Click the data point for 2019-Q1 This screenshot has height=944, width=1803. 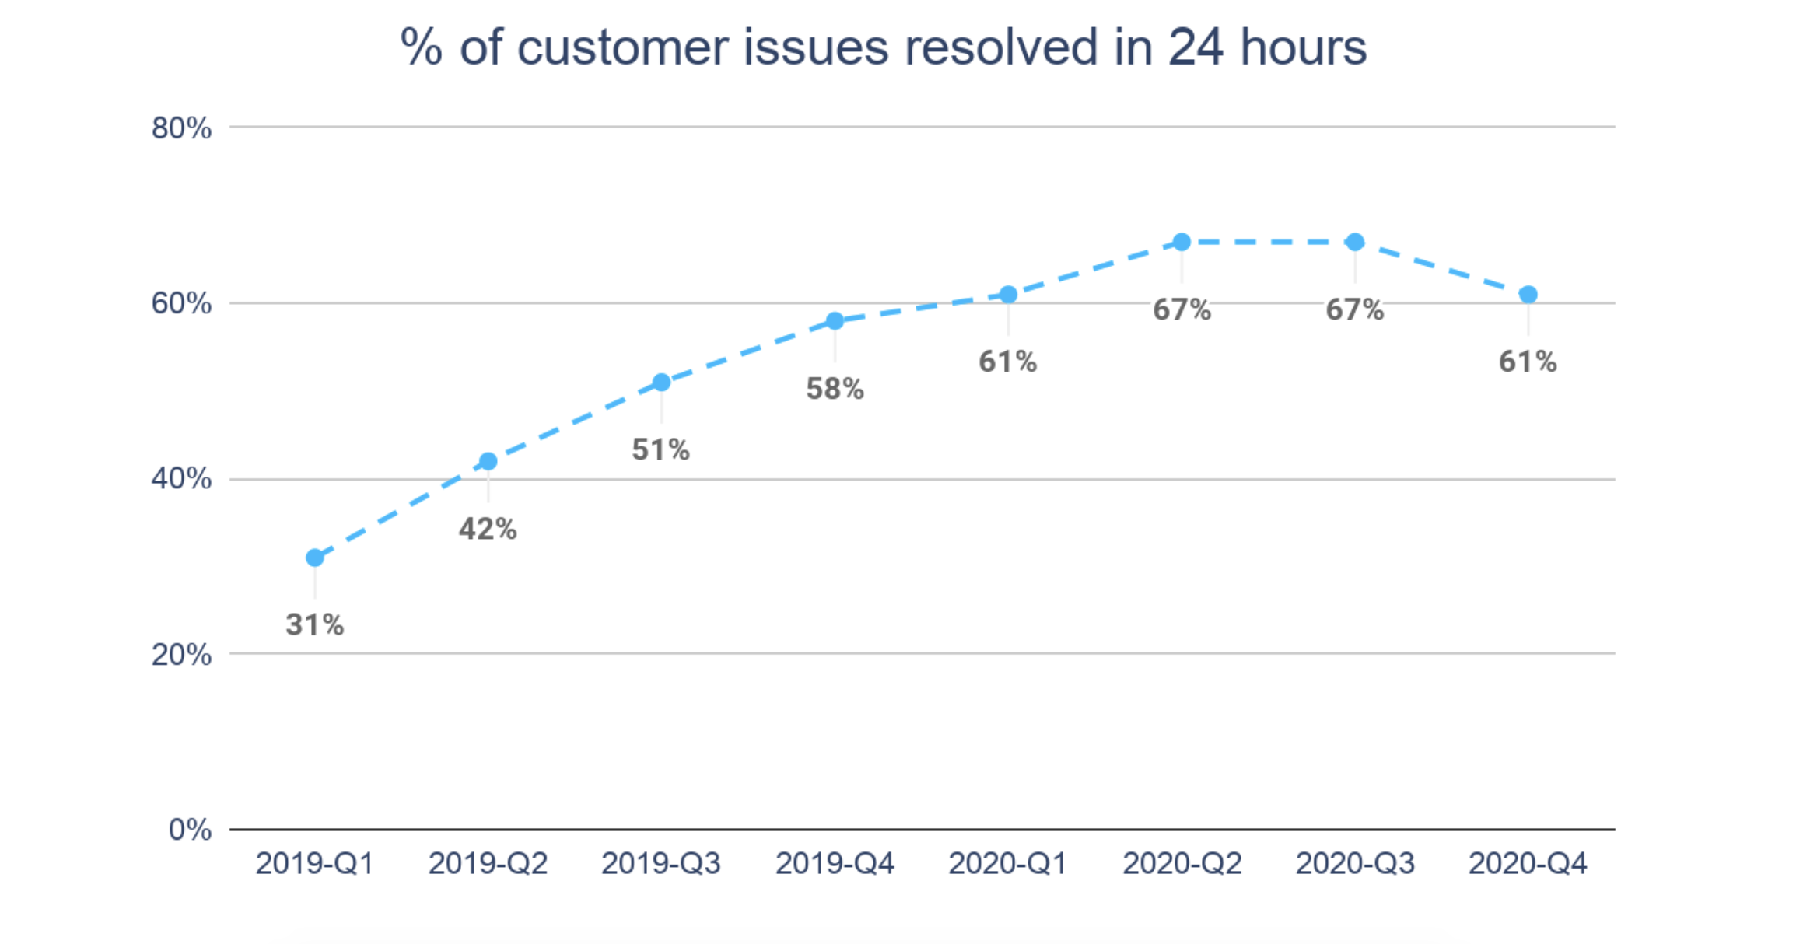(x=315, y=558)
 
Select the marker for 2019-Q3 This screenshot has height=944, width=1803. (x=661, y=382)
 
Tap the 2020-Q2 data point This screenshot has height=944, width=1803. (x=1182, y=243)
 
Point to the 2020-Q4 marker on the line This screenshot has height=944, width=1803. (x=1528, y=295)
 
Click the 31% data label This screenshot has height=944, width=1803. (x=315, y=624)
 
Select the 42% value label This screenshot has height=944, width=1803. (x=488, y=530)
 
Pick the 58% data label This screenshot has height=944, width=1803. (x=835, y=389)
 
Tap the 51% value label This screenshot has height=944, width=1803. (x=661, y=449)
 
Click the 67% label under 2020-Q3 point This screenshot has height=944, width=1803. (x=1355, y=309)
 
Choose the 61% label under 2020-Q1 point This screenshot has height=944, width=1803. (x=1008, y=362)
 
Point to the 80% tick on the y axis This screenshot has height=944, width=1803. (x=181, y=128)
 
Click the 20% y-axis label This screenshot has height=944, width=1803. (x=181, y=655)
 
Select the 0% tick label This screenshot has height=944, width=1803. (x=190, y=830)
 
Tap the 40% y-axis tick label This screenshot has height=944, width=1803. (x=181, y=479)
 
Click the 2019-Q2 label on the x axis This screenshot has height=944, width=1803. (x=488, y=864)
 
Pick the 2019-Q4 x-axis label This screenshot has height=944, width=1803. (x=835, y=864)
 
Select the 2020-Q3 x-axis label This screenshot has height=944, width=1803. (x=1355, y=864)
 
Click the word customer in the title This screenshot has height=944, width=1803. (x=625, y=48)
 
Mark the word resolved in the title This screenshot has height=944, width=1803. (x=1002, y=48)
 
